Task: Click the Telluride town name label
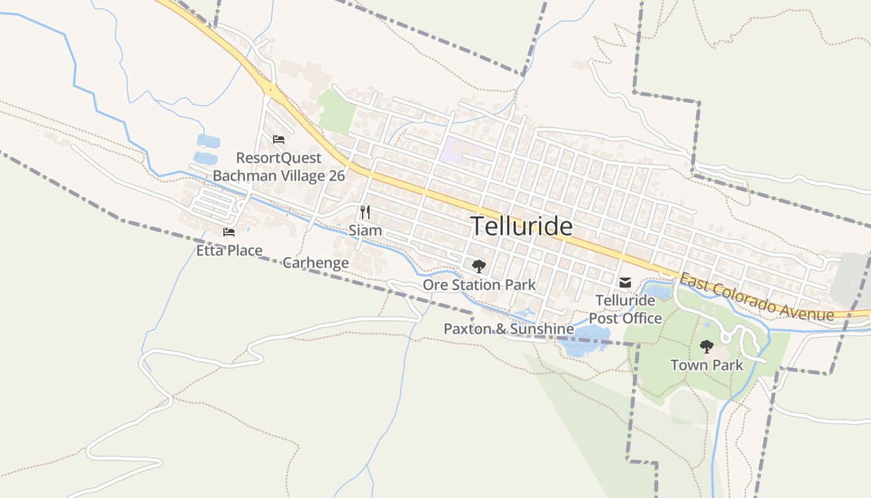pos(521,225)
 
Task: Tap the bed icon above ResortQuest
pos(278,139)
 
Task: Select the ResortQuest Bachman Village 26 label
pos(279,167)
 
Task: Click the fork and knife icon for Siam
pos(365,212)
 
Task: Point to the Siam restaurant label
pos(365,230)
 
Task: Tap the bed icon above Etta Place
pos(229,232)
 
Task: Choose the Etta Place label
pos(229,251)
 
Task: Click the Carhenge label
pos(315,263)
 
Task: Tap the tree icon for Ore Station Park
pos(478,266)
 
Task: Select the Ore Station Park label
pos(479,285)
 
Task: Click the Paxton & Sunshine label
pos(508,329)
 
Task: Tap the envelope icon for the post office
pos(625,283)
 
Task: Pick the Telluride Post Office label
pos(625,309)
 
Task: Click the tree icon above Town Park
pos(706,346)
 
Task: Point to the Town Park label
pos(707,365)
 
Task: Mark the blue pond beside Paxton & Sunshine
pos(585,341)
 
